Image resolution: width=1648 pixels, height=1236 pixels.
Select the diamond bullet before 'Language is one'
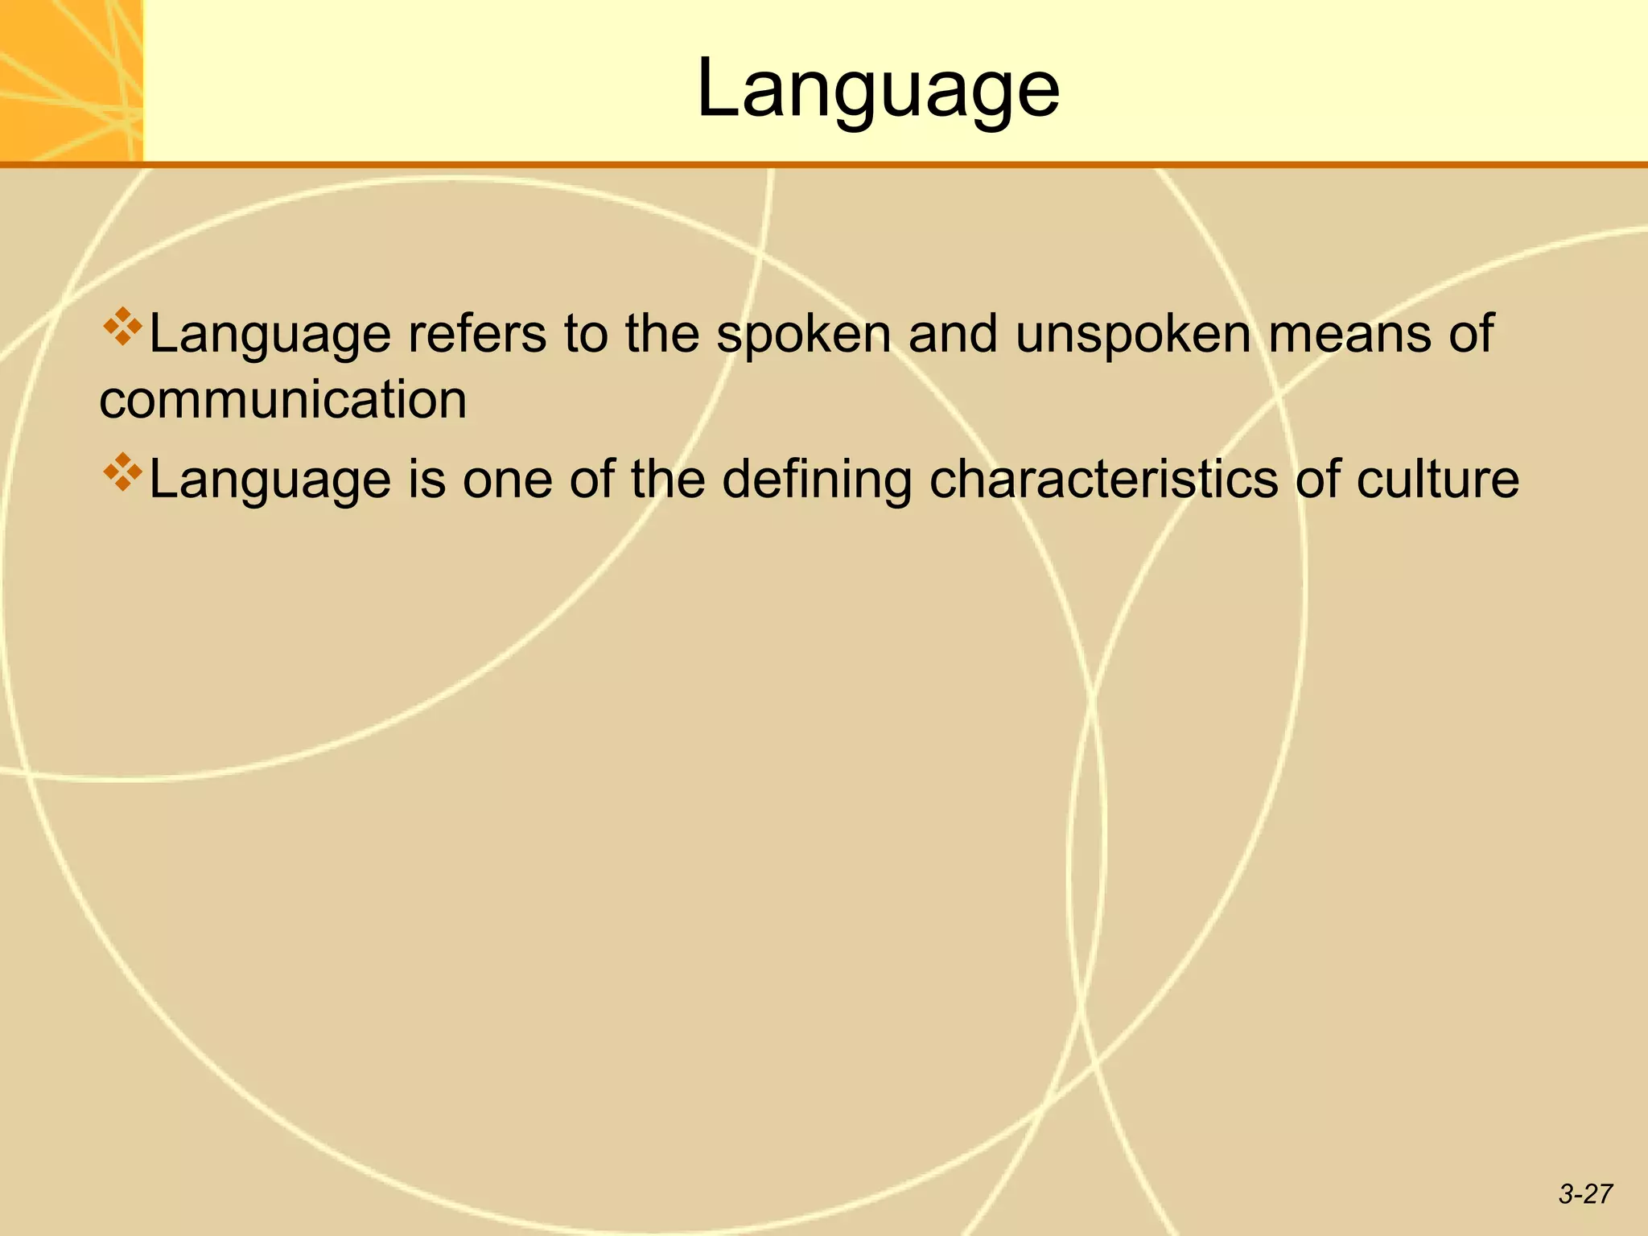pos(122,472)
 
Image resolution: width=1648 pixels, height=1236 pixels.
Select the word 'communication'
pos(282,400)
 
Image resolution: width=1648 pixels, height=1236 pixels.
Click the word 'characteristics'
pos(1103,480)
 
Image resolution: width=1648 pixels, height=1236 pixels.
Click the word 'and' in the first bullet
pos(954,334)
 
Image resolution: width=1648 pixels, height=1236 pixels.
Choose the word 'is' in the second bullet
pos(426,480)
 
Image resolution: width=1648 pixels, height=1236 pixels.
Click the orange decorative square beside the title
pos(71,80)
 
